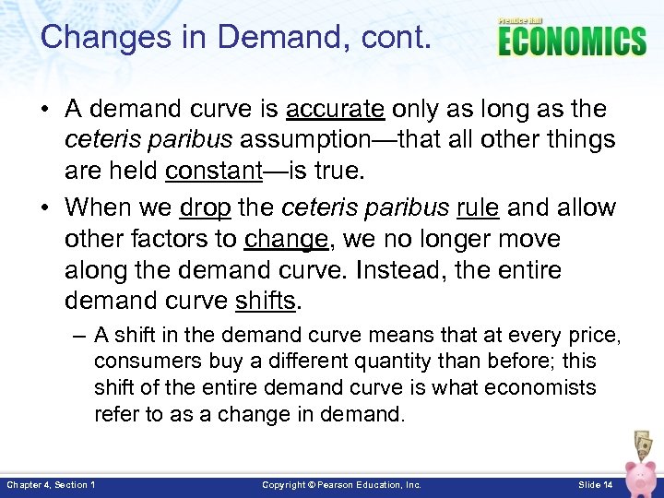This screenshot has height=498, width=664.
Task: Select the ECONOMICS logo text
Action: pyautogui.click(x=572, y=42)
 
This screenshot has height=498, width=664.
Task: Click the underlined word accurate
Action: pyautogui.click(x=335, y=109)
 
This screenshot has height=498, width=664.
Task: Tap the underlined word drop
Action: pyautogui.click(x=205, y=207)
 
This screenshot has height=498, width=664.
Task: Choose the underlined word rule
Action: pyautogui.click(x=478, y=207)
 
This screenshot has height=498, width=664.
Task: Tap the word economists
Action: pyautogui.click(x=534, y=387)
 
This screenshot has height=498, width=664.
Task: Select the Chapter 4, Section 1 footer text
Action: pyautogui.click(x=51, y=484)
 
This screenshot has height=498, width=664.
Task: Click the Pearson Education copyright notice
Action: pyautogui.click(x=341, y=484)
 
